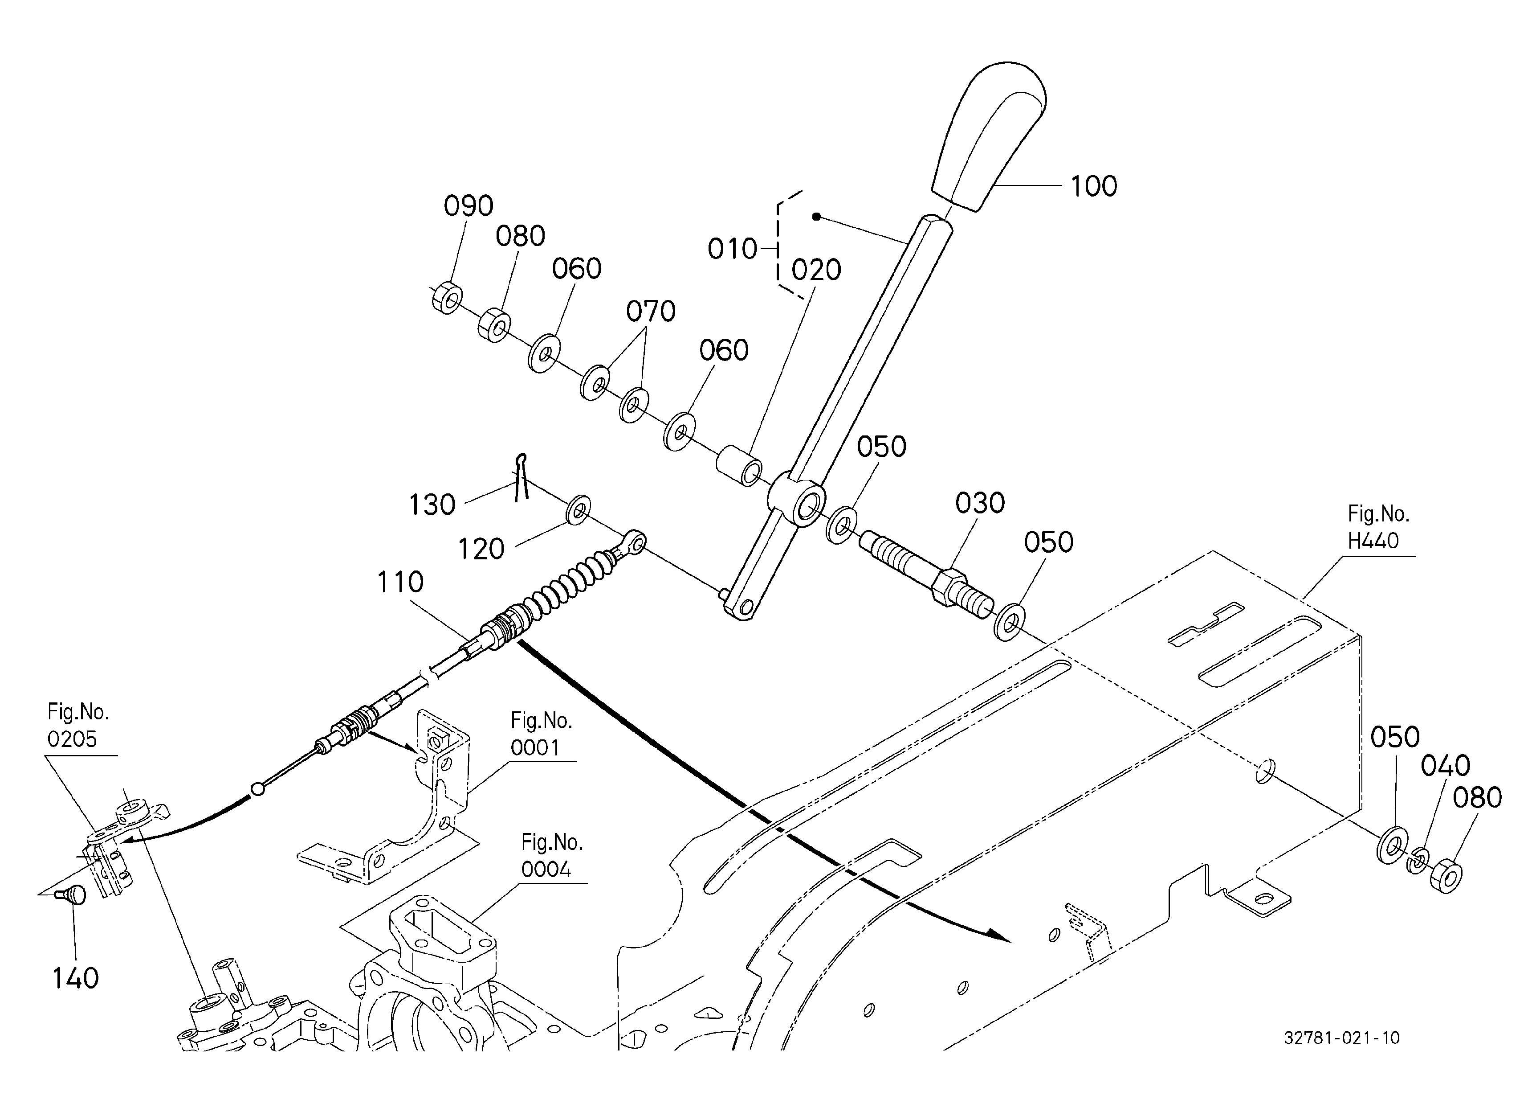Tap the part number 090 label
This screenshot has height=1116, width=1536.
click(468, 205)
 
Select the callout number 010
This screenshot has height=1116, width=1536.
click(732, 249)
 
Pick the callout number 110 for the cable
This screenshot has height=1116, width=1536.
click(400, 582)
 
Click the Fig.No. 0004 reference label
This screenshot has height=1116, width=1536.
click(551, 855)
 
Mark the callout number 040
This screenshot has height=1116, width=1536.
click(1445, 766)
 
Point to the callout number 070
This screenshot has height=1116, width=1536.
click(650, 311)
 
